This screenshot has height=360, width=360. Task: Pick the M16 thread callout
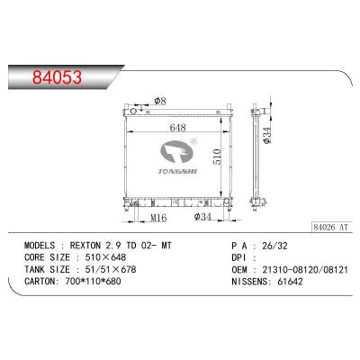(159, 218)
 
